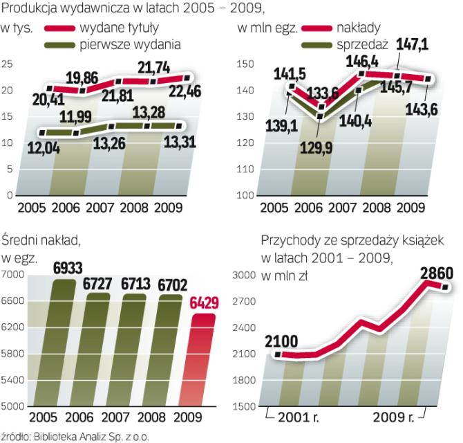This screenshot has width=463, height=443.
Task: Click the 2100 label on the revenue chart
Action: tap(280, 340)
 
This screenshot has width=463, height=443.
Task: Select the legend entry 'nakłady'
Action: tap(359, 29)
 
